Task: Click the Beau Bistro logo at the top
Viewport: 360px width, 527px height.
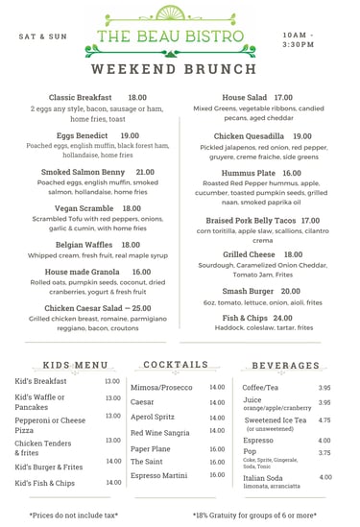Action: (180, 35)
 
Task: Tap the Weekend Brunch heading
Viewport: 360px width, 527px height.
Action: (180, 70)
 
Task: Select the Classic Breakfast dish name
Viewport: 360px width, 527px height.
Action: (81, 98)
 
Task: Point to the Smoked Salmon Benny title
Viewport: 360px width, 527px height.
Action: (83, 173)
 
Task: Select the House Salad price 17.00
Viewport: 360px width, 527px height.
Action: (283, 98)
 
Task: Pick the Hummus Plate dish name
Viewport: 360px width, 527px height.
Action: (248, 173)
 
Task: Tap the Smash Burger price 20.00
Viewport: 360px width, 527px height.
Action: (290, 291)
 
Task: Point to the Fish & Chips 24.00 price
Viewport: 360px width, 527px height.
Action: (282, 318)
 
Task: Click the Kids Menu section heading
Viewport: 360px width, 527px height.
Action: (76, 366)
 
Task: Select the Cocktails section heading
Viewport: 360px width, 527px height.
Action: (175, 365)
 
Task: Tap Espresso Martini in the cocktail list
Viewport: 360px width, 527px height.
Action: (159, 475)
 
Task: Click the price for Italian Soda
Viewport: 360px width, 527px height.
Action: (325, 476)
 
